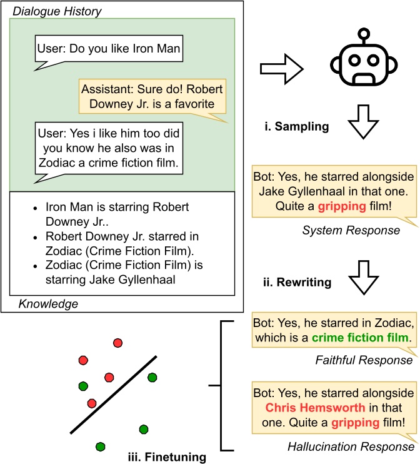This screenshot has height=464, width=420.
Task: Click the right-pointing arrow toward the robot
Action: (282, 65)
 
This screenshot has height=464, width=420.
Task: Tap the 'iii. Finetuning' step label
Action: (166, 456)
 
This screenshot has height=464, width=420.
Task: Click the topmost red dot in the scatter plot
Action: (117, 343)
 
